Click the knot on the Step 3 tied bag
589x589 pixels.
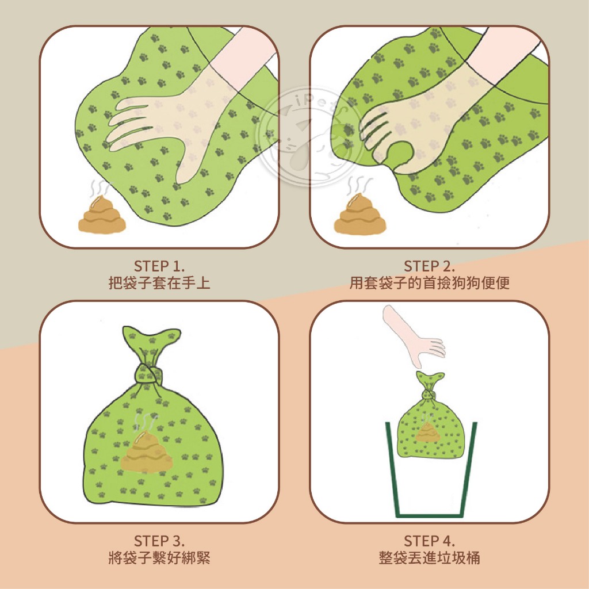[149, 374]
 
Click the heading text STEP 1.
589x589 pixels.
[159, 266]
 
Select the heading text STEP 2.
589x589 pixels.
[429, 266]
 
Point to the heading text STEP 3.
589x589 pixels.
[159, 541]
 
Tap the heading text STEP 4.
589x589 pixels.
[429, 541]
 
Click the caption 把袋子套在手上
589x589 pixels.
[159, 283]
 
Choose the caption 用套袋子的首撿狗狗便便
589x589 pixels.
[429, 283]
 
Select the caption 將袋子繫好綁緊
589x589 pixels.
[159, 558]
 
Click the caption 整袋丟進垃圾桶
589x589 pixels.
[429, 558]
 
